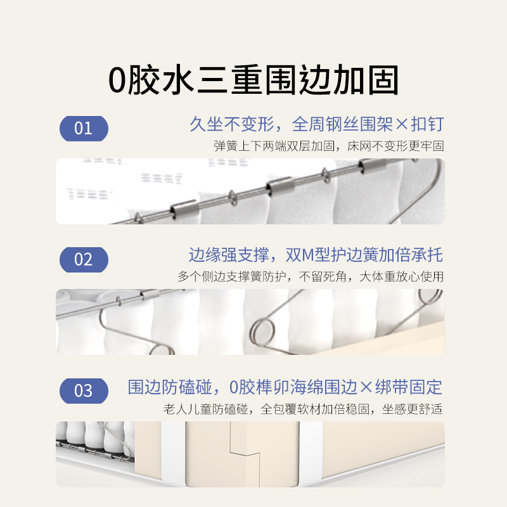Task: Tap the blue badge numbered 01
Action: [84, 129]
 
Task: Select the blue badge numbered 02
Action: [84, 260]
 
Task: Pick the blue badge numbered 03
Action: [84, 390]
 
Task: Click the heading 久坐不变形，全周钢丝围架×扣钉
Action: [316, 123]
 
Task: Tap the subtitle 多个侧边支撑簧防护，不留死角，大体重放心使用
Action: [311, 277]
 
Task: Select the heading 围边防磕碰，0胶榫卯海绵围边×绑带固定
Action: [285, 387]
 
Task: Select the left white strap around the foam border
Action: [172, 454]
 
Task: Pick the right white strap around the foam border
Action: [312, 454]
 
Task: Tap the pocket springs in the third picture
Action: [95, 437]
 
